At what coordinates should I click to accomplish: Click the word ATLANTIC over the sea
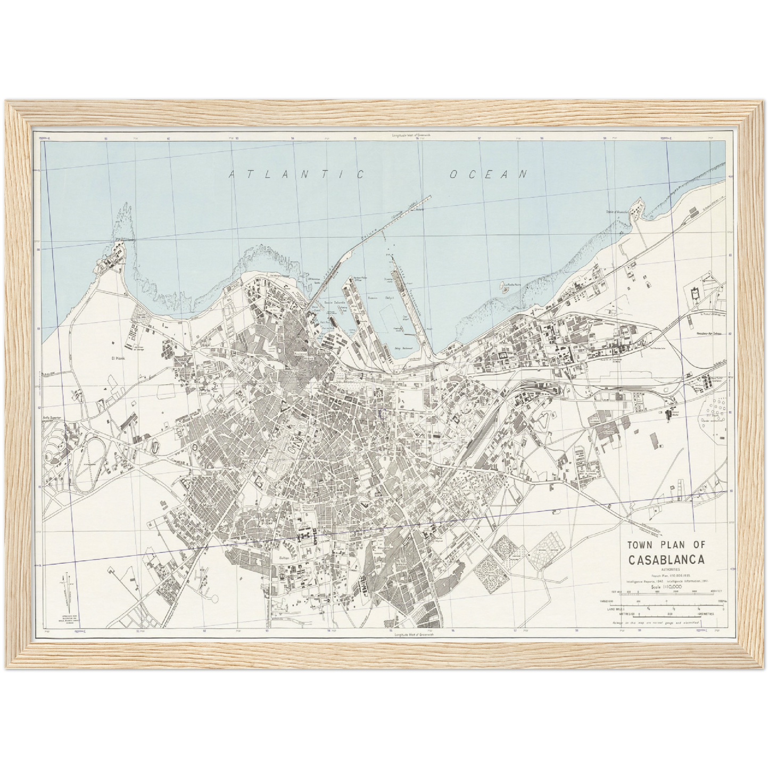(x=296, y=175)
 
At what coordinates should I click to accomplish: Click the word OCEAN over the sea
(x=488, y=174)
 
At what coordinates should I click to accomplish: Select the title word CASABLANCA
(x=667, y=560)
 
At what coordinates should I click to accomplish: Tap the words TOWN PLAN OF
(x=666, y=545)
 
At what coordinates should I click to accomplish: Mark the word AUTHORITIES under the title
(x=667, y=570)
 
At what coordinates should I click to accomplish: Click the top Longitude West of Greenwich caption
(x=411, y=136)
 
